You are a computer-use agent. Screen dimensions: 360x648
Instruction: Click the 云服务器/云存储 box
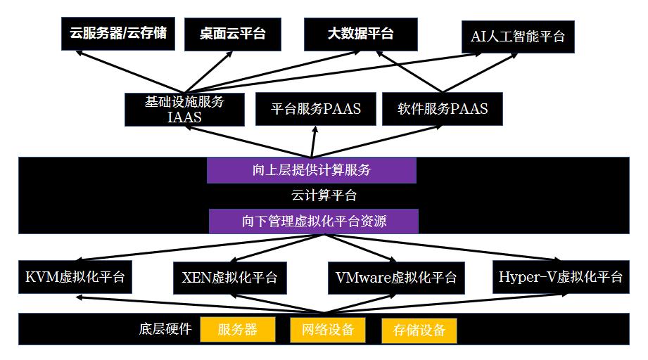[x=118, y=34]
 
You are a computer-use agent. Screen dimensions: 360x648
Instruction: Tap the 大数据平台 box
[x=360, y=34]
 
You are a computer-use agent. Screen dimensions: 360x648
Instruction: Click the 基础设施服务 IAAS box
[x=184, y=109]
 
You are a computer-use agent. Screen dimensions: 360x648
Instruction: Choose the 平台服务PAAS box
[x=316, y=109]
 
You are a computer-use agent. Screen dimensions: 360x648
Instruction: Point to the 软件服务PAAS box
[x=443, y=109]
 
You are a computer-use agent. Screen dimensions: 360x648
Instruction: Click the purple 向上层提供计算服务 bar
[x=311, y=170]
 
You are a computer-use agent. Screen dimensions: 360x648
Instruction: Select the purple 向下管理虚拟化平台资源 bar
[x=314, y=221]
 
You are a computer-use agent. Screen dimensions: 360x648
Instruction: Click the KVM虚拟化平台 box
[x=75, y=276]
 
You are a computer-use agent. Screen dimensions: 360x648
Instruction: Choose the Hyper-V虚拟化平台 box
[x=560, y=276]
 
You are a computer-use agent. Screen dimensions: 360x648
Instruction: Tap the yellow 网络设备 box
[x=327, y=330]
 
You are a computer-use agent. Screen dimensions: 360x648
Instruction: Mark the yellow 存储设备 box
[x=419, y=330]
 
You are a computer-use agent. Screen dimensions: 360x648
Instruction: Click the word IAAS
[x=184, y=117]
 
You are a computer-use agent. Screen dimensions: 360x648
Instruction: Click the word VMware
[x=359, y=277]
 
